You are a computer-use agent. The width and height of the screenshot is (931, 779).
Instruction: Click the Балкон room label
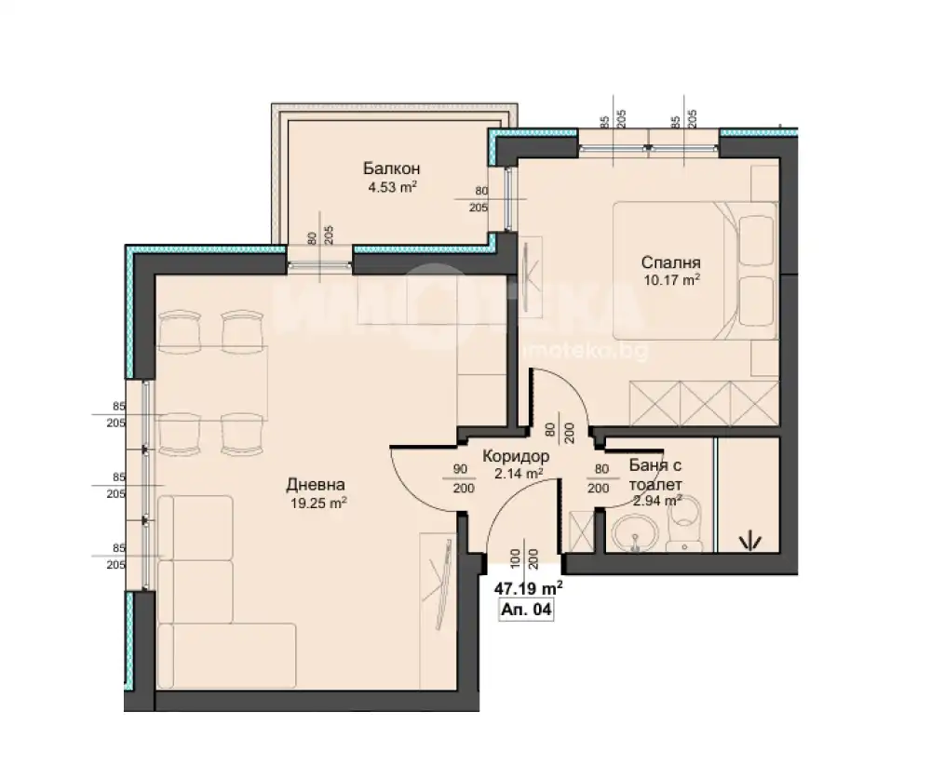(x=391, y=168)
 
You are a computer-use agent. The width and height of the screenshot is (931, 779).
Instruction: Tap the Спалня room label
(x=671, y=262)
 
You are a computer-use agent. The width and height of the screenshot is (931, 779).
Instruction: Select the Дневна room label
(x=316, y=485)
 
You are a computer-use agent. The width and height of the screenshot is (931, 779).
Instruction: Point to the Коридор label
(x=516, y=456)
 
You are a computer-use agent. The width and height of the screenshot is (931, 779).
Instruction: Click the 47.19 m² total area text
(x=529, y=588)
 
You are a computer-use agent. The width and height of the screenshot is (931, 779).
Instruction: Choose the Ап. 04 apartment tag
(x=527, y=610)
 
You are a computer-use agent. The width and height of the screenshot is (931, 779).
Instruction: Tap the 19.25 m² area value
(x=318, y=504)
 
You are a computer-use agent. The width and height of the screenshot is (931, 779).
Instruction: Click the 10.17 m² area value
(x=671, y=279)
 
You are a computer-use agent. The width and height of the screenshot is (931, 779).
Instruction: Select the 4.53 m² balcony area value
(x=392, y=188)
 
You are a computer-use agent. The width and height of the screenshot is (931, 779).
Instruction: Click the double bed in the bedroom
(x=695, y=271)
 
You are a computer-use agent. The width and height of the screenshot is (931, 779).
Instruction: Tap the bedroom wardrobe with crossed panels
(x=704, y=403)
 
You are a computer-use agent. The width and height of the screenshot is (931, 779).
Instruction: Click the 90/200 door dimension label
(x=463, y=478)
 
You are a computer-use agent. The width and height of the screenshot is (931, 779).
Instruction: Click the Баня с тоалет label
(x=654, y=475)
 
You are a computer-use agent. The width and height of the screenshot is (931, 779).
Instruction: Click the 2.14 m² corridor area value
(x=519, y=473)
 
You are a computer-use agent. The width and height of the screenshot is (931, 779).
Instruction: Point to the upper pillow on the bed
(x=756, y=239)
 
